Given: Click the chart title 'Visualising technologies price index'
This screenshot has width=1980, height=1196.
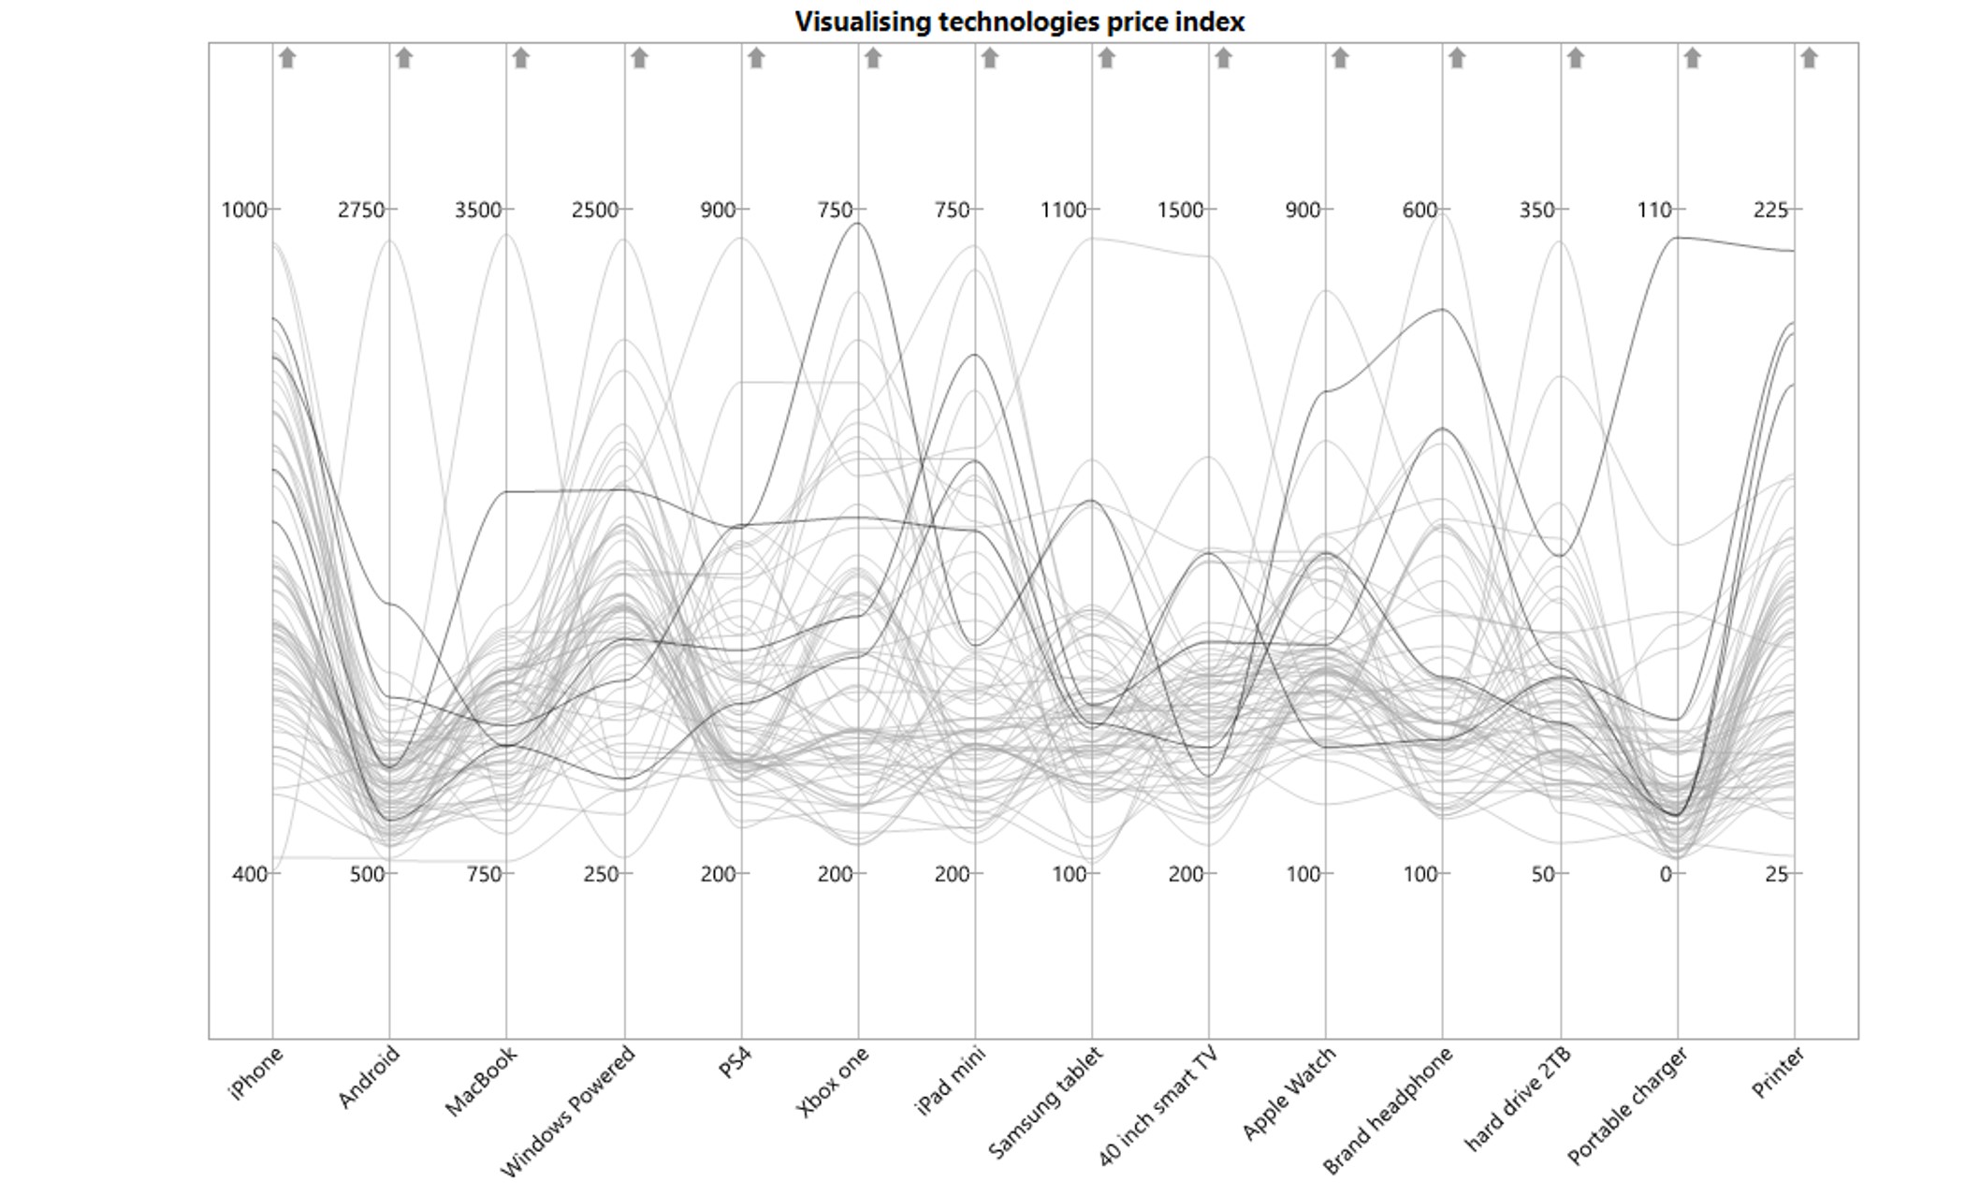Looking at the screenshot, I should [x=1019, y=22].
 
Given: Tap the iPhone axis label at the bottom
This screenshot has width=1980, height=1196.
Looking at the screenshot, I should [x=255, y=1073].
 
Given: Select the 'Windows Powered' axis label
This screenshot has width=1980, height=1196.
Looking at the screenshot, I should [x=568, y=1110].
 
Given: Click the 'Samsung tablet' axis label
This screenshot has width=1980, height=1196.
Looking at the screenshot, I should [x=1045, y=1102].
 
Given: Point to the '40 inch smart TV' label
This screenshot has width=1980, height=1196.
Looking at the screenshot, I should [x=1157, y=1107].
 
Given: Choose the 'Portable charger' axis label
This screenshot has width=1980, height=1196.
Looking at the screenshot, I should [x=1627, y=1105].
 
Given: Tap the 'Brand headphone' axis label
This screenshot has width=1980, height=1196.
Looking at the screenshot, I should [x=1388, y=1109].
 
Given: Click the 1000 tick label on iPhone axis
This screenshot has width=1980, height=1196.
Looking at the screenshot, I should [x=244, y=211].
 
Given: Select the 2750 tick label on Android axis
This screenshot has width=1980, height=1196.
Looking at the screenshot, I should [x=361, y=211].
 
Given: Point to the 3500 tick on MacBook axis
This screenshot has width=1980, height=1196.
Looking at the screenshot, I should [x=478, y=211].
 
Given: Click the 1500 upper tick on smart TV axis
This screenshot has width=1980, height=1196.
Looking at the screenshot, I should [x=1180, y=211].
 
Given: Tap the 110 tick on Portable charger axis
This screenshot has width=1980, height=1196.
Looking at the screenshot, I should [x=1654, y=211].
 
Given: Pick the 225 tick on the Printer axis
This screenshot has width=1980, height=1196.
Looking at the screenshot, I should [x=1770, y=211].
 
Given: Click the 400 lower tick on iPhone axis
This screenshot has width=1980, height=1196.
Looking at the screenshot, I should [x=250, y=874].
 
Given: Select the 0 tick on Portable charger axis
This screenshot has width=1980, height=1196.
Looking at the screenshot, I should [x=1666, y=874].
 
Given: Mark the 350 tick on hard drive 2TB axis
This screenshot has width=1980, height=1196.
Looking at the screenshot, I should [x=1536, y=211].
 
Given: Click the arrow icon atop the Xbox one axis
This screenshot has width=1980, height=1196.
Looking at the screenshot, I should [x=873, y=58].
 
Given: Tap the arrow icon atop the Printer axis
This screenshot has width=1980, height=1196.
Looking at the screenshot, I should [x=1809, y=58].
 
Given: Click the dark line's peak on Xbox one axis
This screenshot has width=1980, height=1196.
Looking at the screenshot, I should [x=858, y=223].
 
